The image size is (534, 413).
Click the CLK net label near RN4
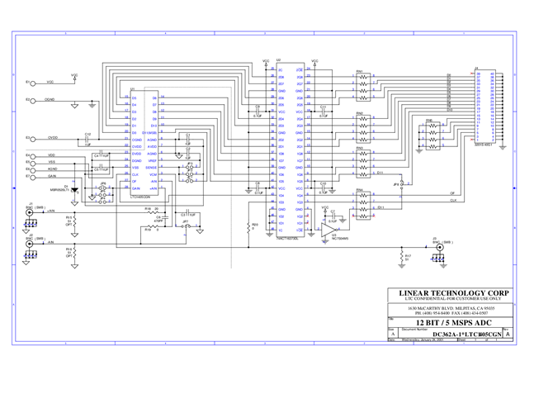pos(453,200)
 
